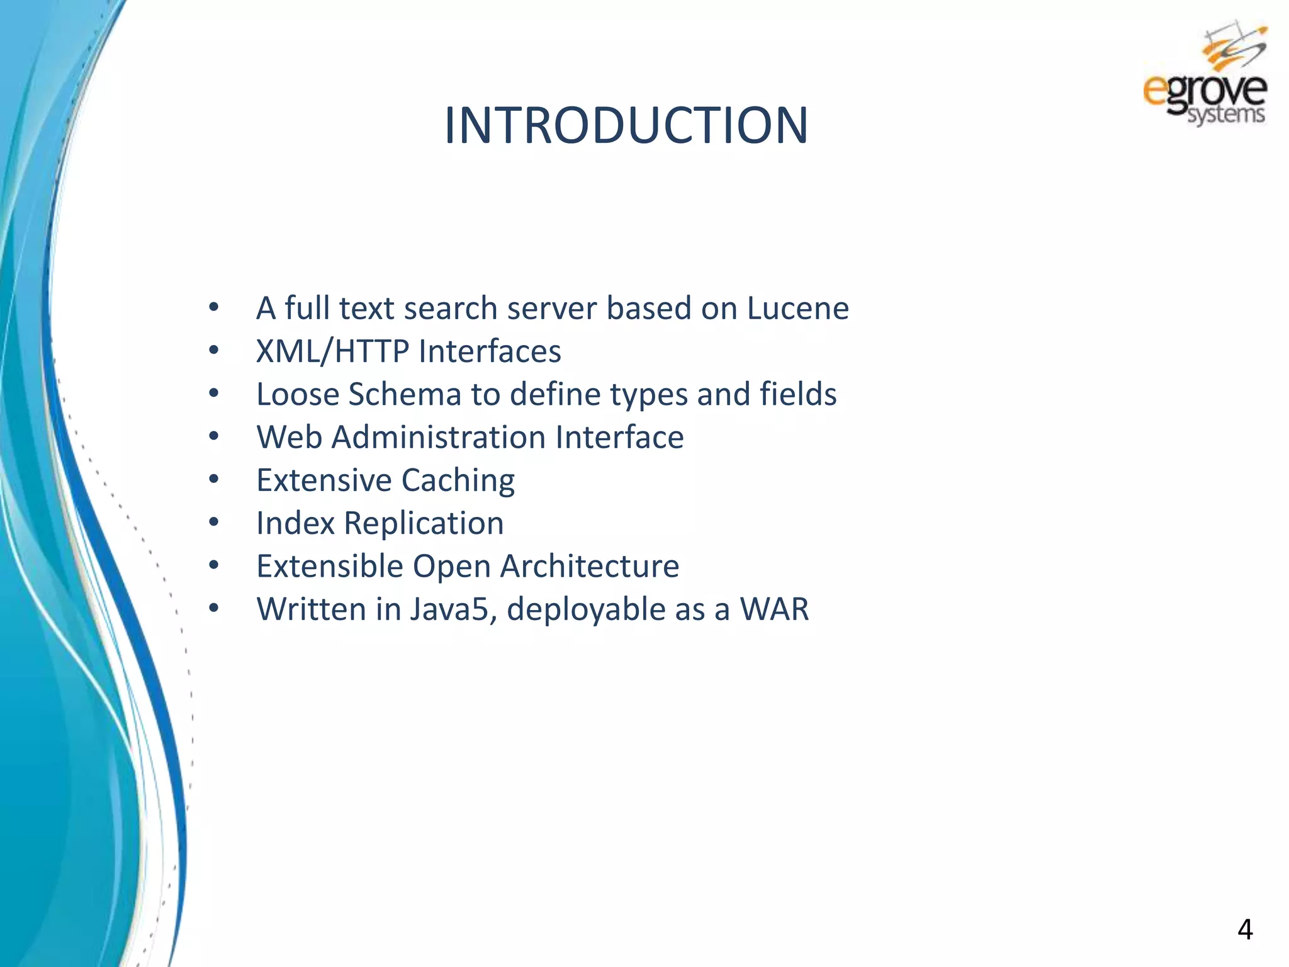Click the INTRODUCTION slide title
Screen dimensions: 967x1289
pos(626,125)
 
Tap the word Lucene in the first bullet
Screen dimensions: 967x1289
pos(797,308)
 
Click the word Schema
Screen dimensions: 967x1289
pos(405,395)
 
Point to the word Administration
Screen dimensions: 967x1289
pos(438,438)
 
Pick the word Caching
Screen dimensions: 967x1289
pos(458,481)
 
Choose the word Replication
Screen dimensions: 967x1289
pos(424,524)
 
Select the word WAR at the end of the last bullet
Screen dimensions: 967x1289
pos(774,609)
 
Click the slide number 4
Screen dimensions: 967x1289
pos(1244,929)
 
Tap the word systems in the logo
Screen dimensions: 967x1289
pos(1225,115)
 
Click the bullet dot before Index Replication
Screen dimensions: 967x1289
pos(214,523)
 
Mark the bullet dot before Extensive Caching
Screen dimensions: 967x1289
pos(214,480)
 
